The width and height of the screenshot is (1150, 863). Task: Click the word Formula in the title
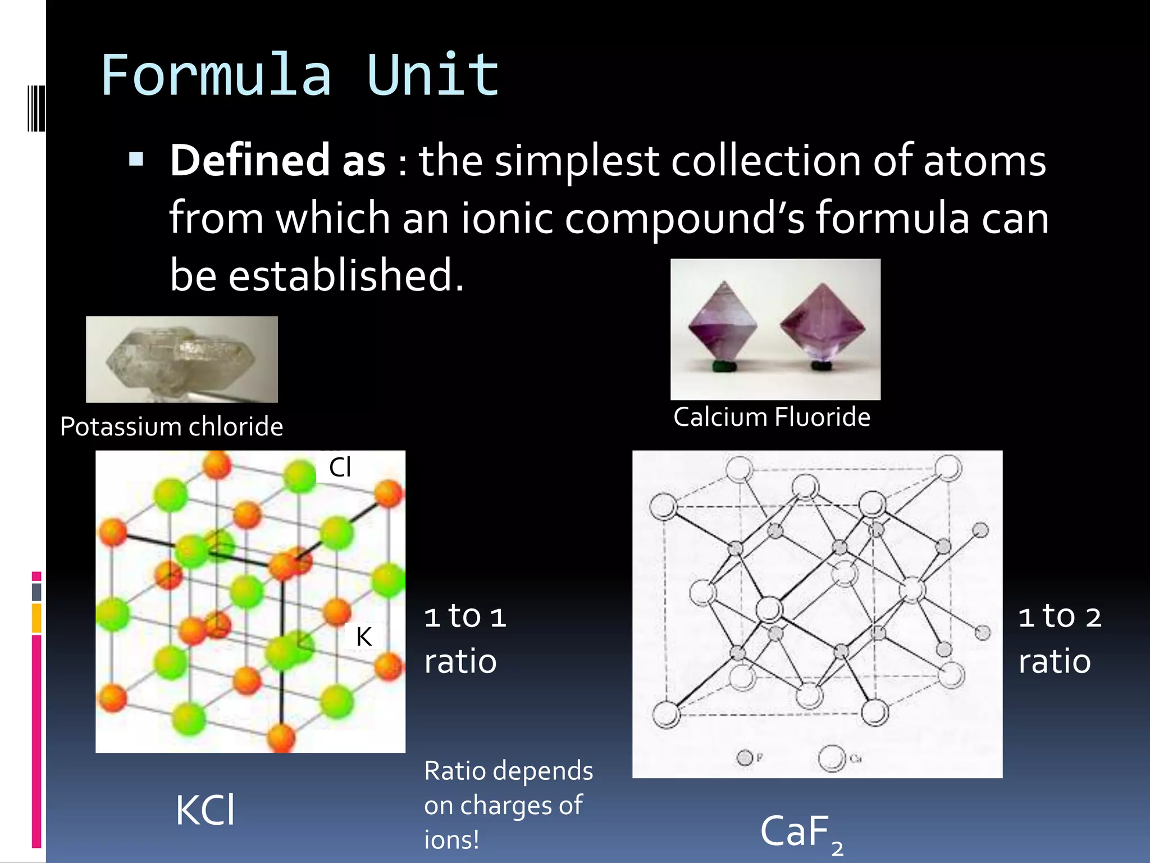[x=216, y=76]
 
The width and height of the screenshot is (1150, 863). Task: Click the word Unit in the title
[x=432, y=76]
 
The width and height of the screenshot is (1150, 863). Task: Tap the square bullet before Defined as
[x=136, y=160]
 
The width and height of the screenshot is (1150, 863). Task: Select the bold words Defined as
[x=278, y=161]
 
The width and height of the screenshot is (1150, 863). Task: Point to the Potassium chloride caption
[x=171, y=426]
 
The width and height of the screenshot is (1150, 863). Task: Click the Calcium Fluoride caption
[x=772, y=417]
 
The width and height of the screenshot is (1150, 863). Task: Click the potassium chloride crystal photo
[x=181, y=360]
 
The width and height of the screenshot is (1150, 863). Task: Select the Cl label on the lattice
[x=340, y=467]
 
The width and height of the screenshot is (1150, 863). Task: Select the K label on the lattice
[x=364, y=637]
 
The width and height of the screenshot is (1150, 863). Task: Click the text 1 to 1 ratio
[x=465, y=639]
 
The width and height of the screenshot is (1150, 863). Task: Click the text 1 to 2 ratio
[x=1059, y=639]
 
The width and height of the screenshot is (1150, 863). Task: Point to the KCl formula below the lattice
[x=205, y=811]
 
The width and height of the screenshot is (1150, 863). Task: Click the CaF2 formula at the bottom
[x=800, y=833]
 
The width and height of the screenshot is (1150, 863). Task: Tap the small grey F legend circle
[x=745, y=758]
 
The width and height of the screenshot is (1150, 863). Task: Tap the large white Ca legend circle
[x=832, y=758]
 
